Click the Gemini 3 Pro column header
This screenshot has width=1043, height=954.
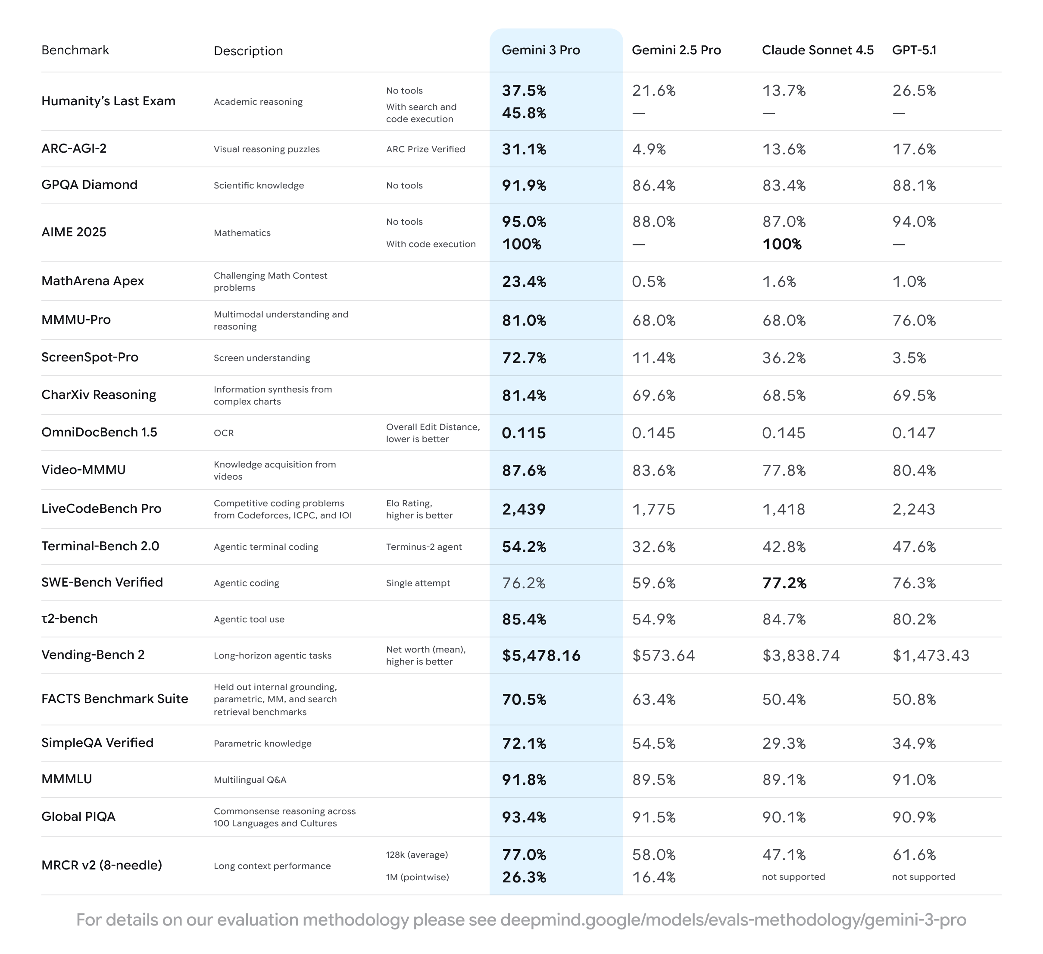540,50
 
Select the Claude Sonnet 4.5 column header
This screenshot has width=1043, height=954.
818,50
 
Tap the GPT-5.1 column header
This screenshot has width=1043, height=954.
914,50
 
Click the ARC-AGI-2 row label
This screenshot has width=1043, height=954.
74,148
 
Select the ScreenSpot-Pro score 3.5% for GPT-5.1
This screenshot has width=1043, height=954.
909,358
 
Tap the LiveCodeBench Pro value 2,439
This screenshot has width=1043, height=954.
524,509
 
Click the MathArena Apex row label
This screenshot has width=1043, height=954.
93,281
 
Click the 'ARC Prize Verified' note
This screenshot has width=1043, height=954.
425,149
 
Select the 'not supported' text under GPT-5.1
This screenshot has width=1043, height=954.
924,877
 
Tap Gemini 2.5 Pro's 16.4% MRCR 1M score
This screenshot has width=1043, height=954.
654,877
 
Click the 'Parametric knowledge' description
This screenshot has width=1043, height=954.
262,744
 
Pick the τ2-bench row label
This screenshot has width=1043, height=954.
69,618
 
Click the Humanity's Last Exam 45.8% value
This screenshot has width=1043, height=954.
524,113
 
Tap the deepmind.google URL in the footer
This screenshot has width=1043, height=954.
733,920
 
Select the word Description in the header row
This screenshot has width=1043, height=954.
248,51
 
